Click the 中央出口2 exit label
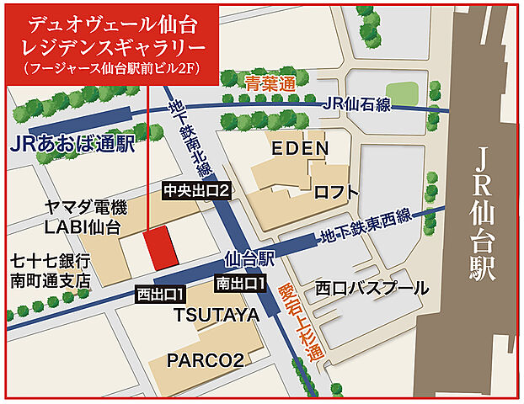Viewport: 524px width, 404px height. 195,191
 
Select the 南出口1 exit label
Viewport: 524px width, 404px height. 241,283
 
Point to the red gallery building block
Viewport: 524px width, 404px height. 158,246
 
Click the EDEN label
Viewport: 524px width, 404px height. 298,149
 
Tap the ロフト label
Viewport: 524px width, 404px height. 336,193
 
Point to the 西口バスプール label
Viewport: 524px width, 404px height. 372,288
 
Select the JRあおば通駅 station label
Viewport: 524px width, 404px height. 73,143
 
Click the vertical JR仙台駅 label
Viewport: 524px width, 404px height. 483,215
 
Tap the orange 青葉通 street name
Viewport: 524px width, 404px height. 272,82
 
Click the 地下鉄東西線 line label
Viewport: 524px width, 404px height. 366,226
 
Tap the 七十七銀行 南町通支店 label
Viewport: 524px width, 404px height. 50,271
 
